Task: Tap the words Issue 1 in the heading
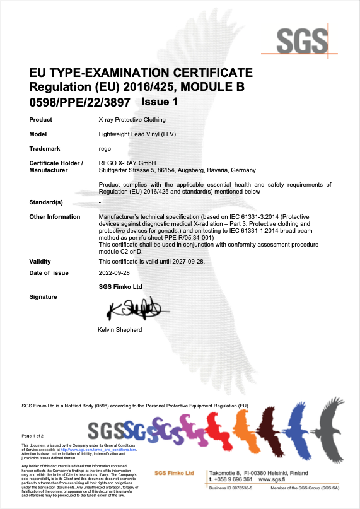[x=160, y=101]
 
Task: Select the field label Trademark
[x=45, y=149]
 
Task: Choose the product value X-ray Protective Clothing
[x=132, y=119]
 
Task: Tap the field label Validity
[x=40, y=261]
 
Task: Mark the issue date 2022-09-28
[x=115, y=273]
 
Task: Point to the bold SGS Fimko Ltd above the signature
[x=120, y=286]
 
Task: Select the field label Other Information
[x=55, y=216]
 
